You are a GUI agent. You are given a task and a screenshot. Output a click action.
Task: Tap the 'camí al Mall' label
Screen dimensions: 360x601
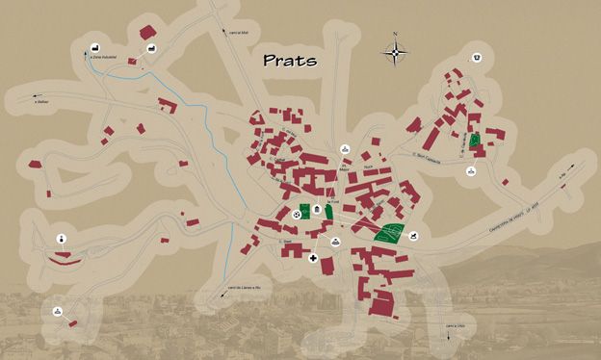pos(239,32)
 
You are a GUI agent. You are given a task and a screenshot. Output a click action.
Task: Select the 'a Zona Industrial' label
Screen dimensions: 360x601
pos(103,58)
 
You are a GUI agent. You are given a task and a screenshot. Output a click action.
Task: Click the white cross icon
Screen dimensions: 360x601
pos(313,258)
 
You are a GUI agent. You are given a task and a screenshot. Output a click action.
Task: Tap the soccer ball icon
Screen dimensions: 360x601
pos(297,214)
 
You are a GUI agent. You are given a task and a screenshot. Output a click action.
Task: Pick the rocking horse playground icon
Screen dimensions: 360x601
pos(416,233)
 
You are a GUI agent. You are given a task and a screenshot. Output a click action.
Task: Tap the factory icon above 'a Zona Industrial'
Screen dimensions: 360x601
pos(95,48)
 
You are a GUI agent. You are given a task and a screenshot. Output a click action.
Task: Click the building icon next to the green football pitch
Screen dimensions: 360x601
pos(317,210)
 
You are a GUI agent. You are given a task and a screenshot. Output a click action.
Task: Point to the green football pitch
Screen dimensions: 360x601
pos(305,213)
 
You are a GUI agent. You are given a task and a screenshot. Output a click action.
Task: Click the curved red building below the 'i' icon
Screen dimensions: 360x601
pos(60,257)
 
